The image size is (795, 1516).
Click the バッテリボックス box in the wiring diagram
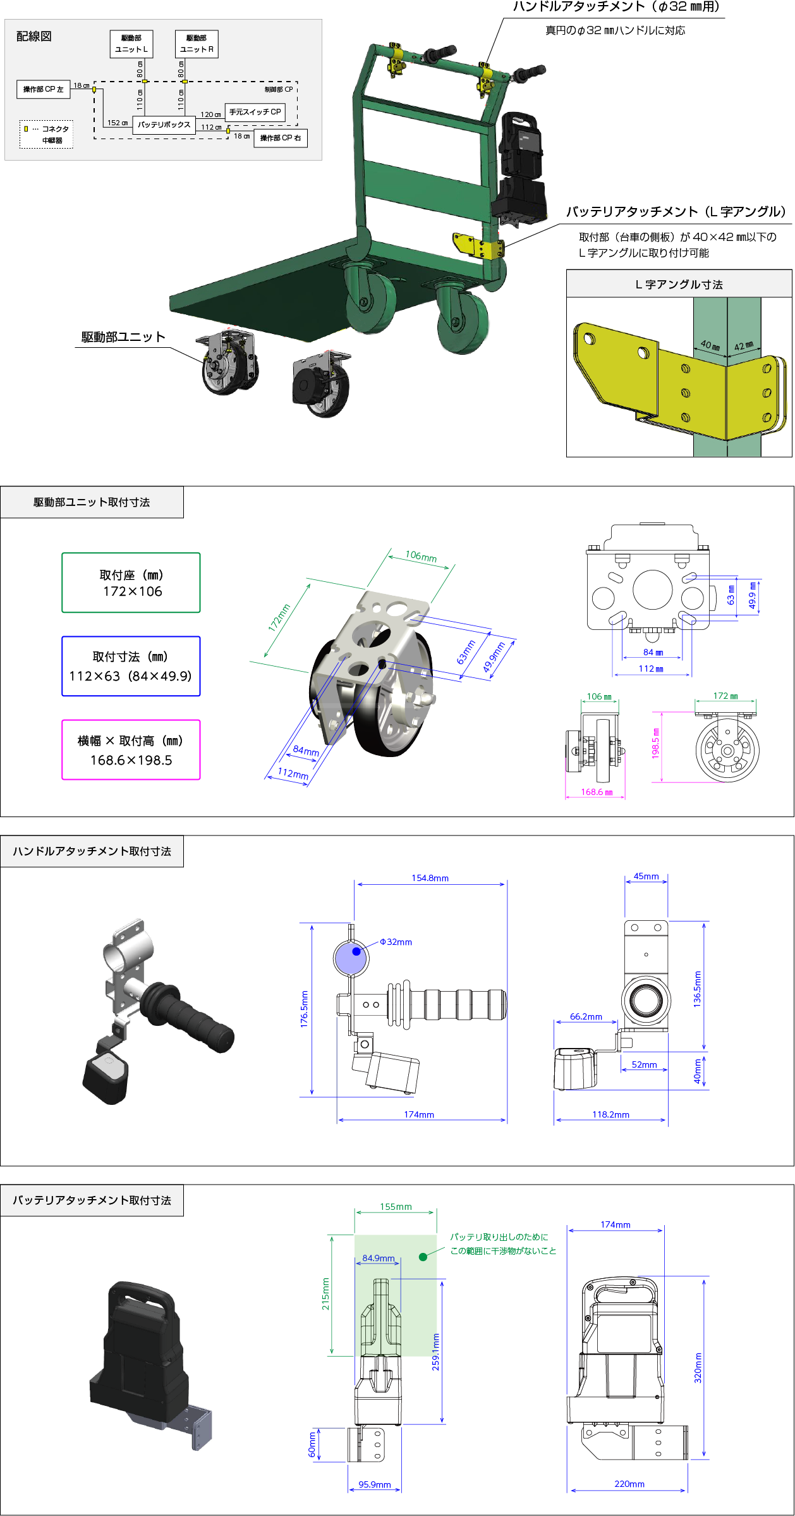[164, 125]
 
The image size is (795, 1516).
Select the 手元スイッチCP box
[255, 112]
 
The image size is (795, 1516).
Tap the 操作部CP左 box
[43, 89]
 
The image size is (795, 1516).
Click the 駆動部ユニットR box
[197, 44]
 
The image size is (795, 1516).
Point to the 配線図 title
[34, 37]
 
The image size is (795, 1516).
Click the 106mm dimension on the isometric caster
[421, 557]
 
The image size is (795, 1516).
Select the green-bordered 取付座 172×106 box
[131, 582]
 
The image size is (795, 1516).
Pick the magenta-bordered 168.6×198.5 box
[131, 750]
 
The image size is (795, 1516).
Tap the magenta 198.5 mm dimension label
[655, 743]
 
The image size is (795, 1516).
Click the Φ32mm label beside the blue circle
[396, 942]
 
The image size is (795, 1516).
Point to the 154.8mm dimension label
[430, 878]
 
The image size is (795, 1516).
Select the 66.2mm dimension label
[586, 1016]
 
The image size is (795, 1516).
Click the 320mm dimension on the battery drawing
[698, 1367]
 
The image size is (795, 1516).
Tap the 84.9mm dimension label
[379, 1258]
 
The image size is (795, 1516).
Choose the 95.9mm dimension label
[375, 1484]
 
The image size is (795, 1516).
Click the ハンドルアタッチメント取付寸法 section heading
[92, 851]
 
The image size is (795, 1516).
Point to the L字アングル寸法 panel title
[679, 285]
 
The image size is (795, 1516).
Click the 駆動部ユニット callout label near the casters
[123, 337]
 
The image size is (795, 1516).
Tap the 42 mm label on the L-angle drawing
[744, 346]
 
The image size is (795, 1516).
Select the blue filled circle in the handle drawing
[356, 951]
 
